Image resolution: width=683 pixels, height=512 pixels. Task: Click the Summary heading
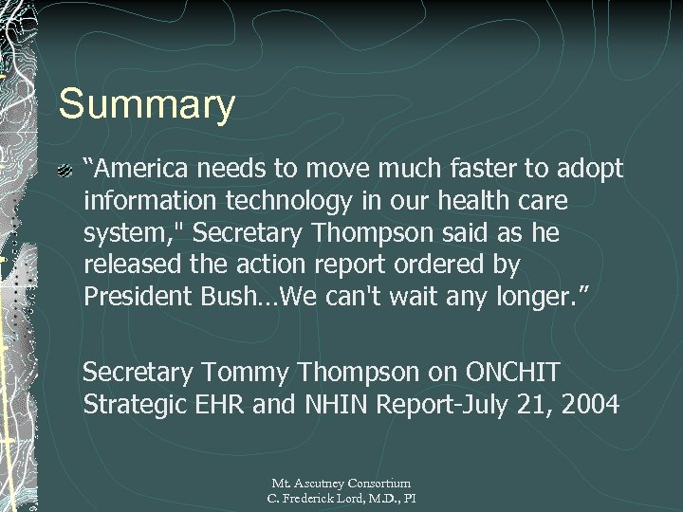146,104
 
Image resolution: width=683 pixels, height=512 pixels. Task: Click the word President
138,297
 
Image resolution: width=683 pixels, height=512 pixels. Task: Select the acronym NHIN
338,405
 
